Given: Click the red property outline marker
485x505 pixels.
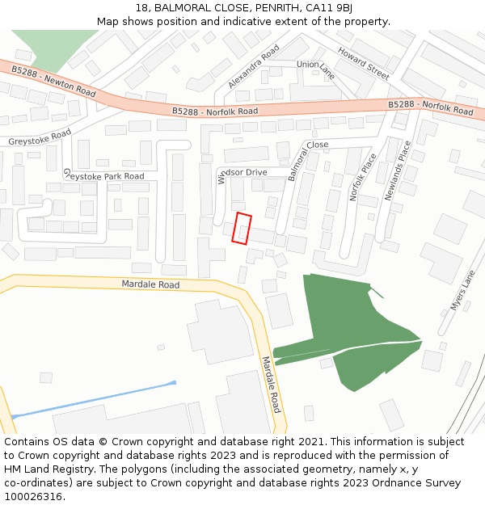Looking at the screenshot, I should click(x=242, y=228).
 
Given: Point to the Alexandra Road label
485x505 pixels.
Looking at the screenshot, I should click(x=253, y=66).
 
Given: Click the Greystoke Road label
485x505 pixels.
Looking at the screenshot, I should click(x=40, y=137).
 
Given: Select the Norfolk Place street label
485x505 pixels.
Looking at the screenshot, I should click(x=357, y=178).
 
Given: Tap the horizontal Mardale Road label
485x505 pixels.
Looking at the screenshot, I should click(x=150, y=284).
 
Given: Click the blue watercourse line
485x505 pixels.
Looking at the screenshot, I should click(x=93, y=399).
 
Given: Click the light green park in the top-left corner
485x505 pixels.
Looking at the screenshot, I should click(x=44, y=48).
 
